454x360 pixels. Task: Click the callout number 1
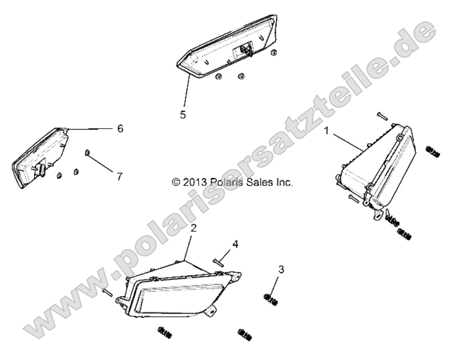click(327, 131)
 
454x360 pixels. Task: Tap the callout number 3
click(281, 270)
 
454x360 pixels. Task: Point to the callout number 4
click(236, 244)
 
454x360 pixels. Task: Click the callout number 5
click(183, 115)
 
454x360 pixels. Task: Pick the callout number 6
click(120, 129)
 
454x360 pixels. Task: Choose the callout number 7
click(120, 177)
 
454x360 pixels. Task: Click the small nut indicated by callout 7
click(87, 152)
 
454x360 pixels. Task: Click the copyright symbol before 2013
click(176, 182)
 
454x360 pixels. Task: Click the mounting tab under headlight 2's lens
click(210, 310)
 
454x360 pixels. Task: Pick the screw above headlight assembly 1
click(382, 116)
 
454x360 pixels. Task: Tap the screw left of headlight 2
click(107, 292)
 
